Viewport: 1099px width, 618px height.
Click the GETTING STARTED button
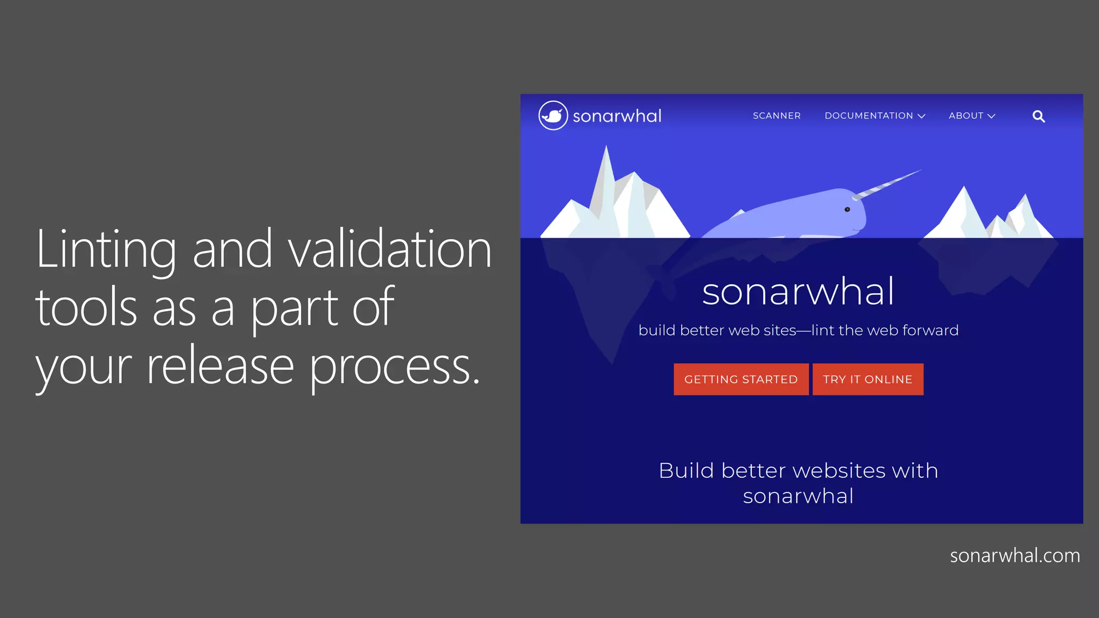741,379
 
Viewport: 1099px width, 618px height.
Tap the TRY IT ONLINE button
868,379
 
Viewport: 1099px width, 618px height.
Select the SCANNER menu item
776,116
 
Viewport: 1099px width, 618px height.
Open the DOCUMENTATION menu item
869,116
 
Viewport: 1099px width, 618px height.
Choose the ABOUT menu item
966,116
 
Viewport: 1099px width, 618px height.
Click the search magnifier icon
1038,116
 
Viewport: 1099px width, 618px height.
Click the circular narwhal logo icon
553,115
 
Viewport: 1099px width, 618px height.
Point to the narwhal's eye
847,209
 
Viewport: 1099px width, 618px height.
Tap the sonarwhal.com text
1015,556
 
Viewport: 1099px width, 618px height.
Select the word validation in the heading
390,249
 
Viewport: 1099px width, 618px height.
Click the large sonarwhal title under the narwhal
798,292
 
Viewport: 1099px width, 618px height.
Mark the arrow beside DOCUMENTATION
921,116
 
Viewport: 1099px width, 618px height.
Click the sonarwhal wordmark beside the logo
617,116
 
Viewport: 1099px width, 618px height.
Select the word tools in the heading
86,308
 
